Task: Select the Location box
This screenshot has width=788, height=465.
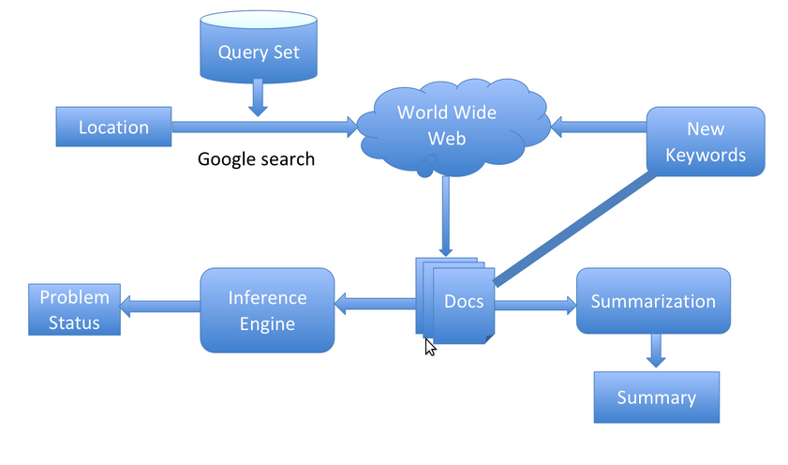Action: pyautogui.click(x=113, y=127)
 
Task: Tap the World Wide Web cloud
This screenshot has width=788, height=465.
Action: pyautogui.click(x=447, y=127)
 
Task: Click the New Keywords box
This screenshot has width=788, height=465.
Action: pyautogui.click(x=706, y=141)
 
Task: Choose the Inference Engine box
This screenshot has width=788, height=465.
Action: pyautogui.click(x=267, y=310)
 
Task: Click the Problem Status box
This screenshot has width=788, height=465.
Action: pyautogui.click(x=74, y=309)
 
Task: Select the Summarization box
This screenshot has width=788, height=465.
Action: pyautogui.click(x=652, y=301)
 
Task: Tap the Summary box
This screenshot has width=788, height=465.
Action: pyautogui.click(x=656, y=397)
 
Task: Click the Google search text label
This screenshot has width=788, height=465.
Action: pyautogui.click(x=256, y=159)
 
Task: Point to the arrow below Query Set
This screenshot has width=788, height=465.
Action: pyautogui.click(x=258, y=98)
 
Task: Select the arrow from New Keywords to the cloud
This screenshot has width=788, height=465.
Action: pyautogui.click(x=600, y=123)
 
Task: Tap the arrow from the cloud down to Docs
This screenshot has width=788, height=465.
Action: pyautogui.click(x=445, y=216)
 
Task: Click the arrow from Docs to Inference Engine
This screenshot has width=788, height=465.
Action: pyautogui.click(x=375, y=303)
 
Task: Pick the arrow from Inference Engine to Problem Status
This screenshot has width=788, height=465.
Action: pyautogui.click(x=160, y=303)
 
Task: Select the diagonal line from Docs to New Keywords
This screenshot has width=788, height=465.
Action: pyautogui.click(x=573, y=227)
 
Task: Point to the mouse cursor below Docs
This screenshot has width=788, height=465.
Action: pyautogui.click(x=429, y=347)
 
